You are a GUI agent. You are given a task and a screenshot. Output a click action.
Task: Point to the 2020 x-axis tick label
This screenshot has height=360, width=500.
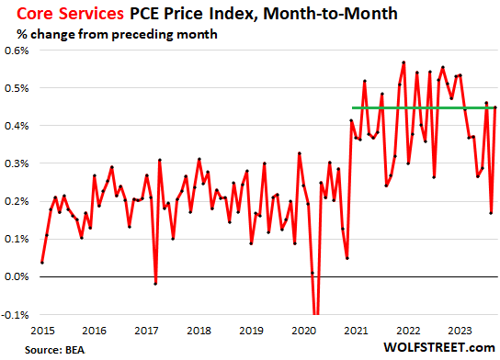(302, 329)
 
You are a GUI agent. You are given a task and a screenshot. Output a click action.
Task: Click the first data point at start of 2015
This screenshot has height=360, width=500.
(42, 262)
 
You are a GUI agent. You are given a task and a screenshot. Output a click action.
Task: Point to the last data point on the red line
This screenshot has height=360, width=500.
(495, 107)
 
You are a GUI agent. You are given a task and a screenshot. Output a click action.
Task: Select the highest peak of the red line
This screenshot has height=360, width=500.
(403, 62)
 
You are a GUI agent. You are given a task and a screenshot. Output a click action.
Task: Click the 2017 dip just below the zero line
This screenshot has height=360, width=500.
(155, 283)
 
